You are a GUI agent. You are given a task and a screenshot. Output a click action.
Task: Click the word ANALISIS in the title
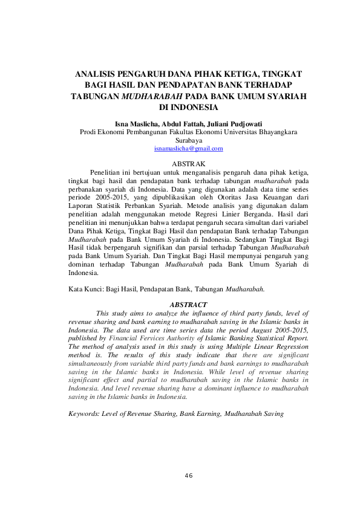click(94, 74)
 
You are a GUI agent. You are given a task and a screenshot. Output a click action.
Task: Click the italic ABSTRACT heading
click(189, 305)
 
